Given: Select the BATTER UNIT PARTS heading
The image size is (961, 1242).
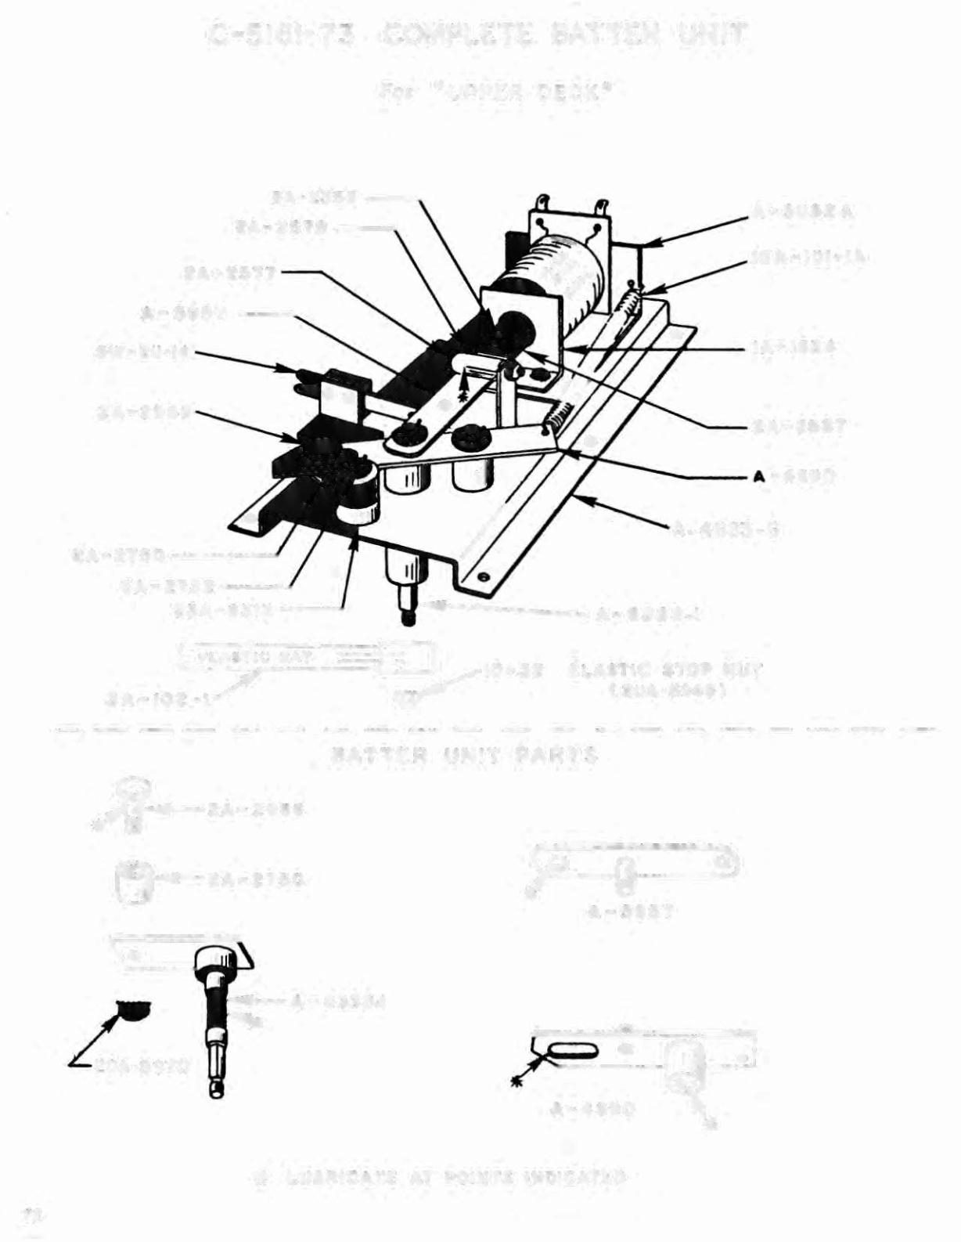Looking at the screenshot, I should coord(466,756).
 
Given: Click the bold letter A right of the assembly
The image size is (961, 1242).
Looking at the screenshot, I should coord(758,476).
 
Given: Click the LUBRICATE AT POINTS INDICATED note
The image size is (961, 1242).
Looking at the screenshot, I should coord(447,1176).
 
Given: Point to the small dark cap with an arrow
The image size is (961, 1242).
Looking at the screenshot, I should coord(131,1011).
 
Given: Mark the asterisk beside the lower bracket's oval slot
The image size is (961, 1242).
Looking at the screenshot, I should coord(516,1081).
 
